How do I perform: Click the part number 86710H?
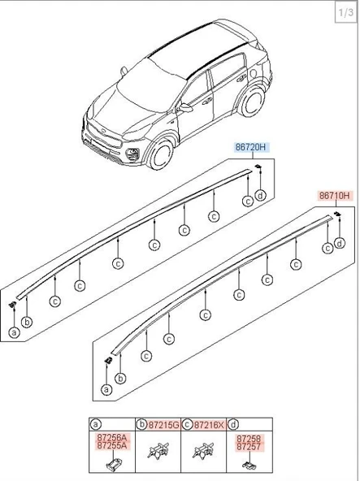[335, 195]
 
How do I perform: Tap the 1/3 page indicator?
[346, 13]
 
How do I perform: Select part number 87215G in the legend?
[163, 425]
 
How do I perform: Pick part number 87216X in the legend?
[210, 425]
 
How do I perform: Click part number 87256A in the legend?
[112, 437]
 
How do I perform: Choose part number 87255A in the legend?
[112, 445]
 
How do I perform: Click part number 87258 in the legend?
[249, 439]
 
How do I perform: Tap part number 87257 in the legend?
[249, 447]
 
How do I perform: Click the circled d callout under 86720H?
[261, 195]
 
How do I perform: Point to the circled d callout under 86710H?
[340, 244]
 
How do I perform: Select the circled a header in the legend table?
[95, 425]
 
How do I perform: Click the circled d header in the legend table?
[233, 425]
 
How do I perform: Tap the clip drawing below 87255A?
[113, 464]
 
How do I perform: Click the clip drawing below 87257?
[249, 465]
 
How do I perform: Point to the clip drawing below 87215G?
[158, 451]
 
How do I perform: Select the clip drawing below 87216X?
[203, 451]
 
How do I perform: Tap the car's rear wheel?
[253, 101]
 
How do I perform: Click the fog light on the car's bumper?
[132, 154]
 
